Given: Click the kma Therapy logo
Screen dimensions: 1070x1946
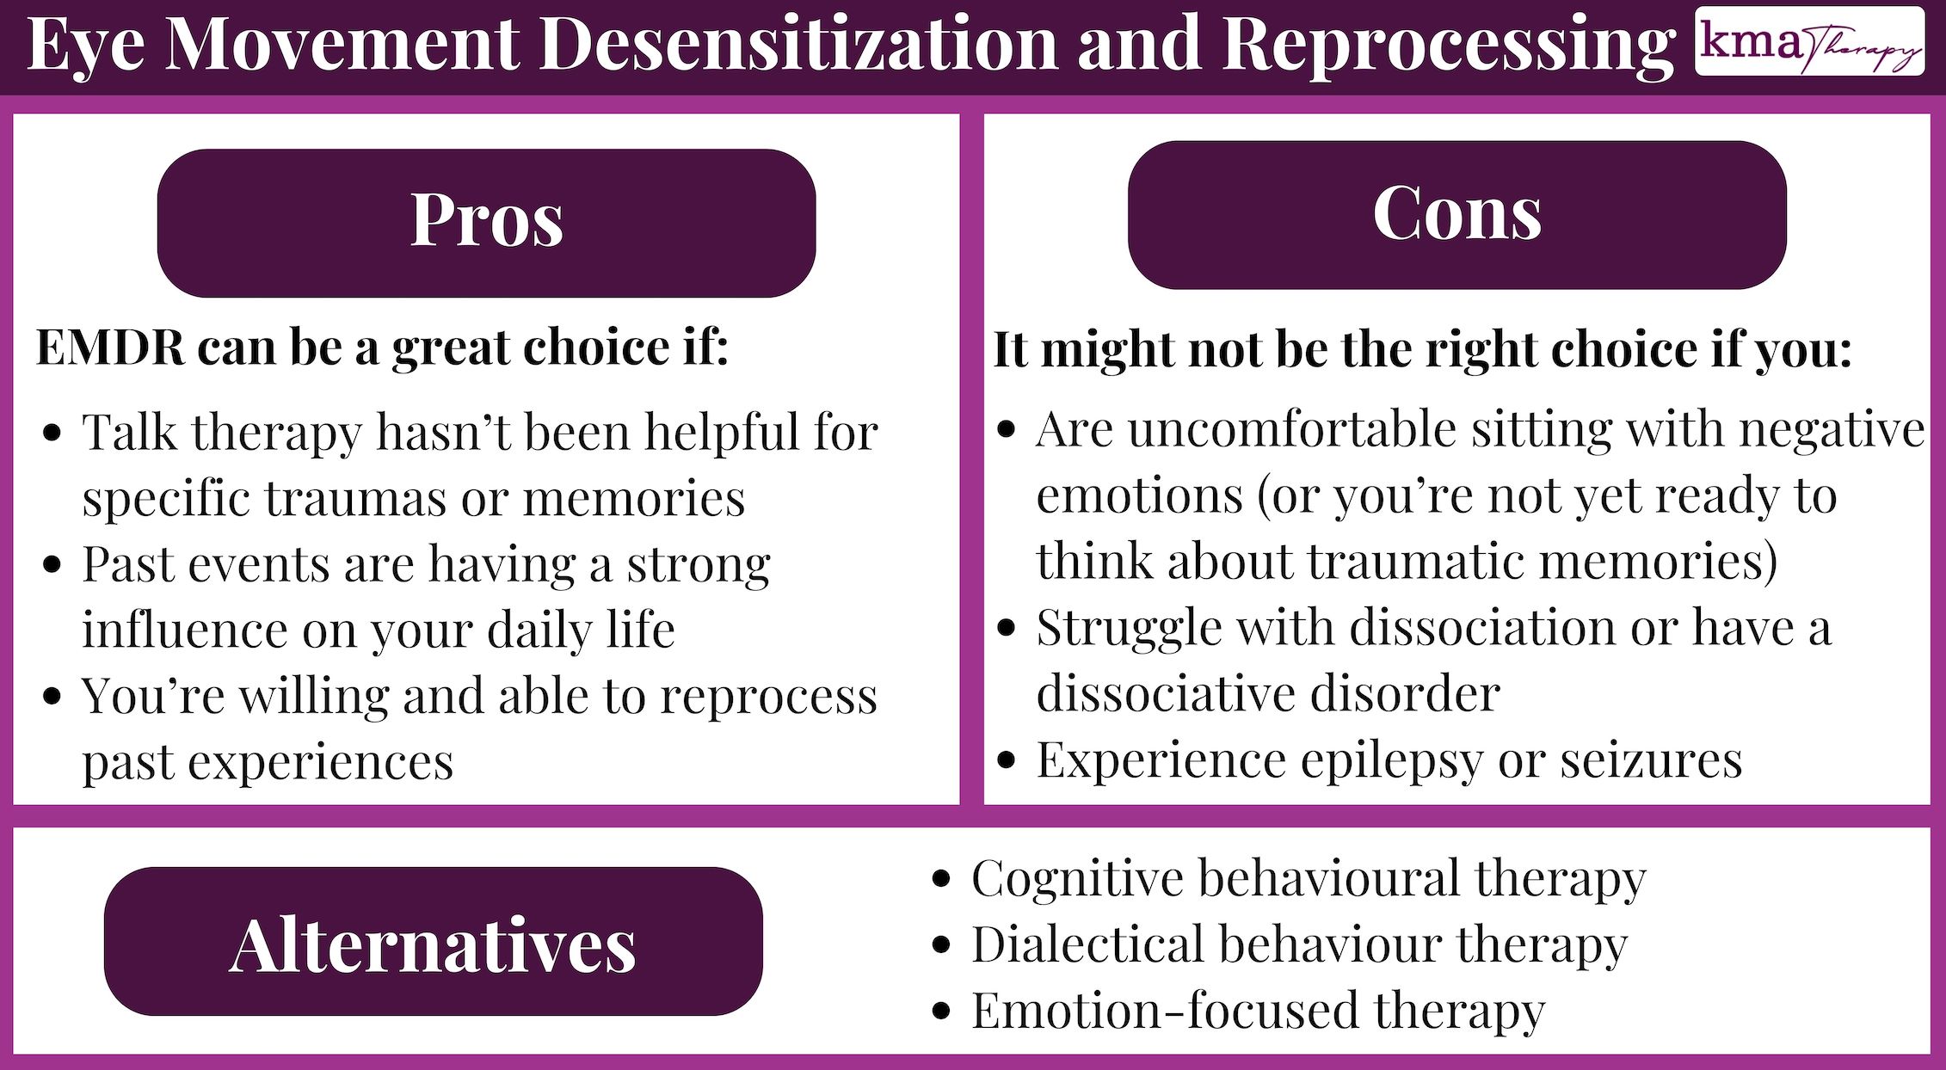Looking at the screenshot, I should [1809, 41].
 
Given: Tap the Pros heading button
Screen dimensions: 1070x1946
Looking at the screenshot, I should [486, 223].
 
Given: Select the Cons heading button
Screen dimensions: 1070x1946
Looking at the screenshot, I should [1456, 215].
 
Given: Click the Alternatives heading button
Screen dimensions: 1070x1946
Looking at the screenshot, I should [433, 942].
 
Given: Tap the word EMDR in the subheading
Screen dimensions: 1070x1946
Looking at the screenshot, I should [110, 347].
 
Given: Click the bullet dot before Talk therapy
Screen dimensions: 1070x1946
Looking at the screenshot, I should [52, 433].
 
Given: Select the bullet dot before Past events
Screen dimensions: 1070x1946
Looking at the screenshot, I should [52, 565].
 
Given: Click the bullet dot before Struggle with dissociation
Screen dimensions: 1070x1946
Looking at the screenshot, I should [1007, 628].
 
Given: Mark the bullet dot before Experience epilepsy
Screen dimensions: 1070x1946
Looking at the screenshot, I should [1007, 760].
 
